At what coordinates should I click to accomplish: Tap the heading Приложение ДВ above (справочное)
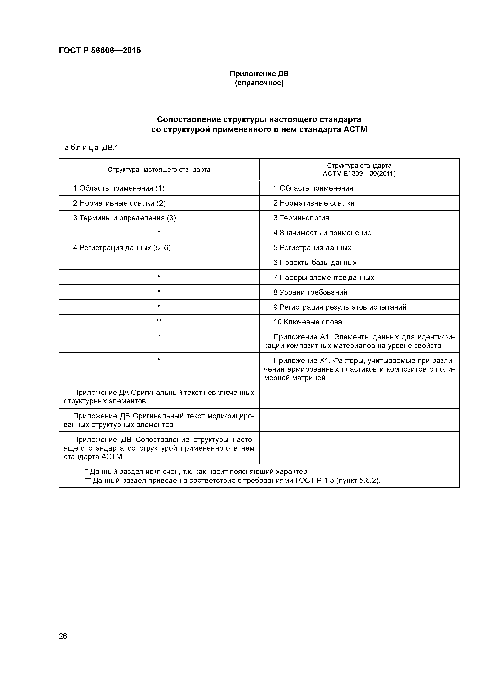(x=259, y=74)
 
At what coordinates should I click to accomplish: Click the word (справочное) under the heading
(x=259, y=83)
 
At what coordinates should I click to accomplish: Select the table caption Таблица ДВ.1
(x=88, y=148)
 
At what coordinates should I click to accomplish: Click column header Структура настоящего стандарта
(x=159, y=169)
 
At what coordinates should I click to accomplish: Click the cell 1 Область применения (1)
(x=119, y=188)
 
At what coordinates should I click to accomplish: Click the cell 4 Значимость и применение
(x=322, y=233)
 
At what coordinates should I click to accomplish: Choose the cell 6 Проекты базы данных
(x=315, y=263)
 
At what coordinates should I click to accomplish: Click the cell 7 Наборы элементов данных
(x=324, y=277)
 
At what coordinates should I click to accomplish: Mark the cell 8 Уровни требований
(x=310, y=292)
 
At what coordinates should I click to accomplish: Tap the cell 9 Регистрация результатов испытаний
(x=340, y=307)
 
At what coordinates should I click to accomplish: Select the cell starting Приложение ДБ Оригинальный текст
(x=159, y=420)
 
